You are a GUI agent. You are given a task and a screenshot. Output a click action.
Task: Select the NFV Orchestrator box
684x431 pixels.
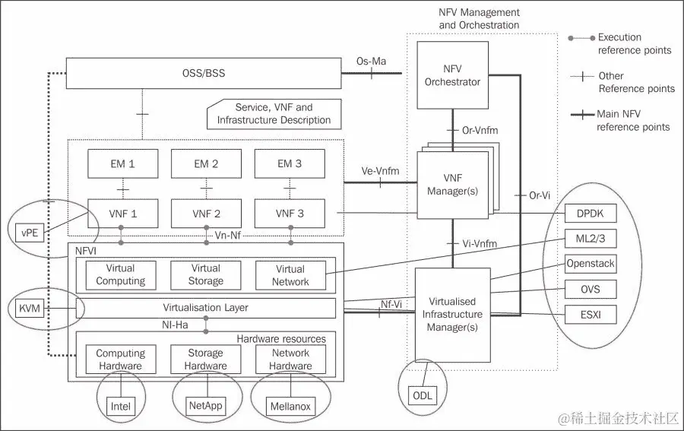(452, 74)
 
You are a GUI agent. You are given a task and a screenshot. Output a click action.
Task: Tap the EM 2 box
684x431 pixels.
(206, 163)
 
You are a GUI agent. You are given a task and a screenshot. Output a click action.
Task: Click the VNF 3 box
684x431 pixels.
(290, 214)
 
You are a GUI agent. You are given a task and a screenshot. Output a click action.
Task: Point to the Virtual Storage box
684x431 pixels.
(205, 274)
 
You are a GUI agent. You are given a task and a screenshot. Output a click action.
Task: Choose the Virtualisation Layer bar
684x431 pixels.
(205, 308)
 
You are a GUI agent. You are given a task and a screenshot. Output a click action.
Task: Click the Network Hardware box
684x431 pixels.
(290, 359)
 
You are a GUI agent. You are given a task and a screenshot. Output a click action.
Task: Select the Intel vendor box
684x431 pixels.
(120, 406)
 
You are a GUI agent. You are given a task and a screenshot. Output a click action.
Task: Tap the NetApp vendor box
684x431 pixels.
(205, 405)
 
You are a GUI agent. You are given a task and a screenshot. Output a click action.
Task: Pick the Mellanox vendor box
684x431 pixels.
(290, 406)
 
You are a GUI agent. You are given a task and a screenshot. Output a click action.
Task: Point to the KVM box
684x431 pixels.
(30, 309)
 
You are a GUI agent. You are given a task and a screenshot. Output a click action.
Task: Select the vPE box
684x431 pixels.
(30, 230)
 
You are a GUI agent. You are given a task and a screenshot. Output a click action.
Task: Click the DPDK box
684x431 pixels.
(591, 214)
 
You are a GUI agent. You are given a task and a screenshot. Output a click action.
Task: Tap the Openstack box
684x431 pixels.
(591, 264)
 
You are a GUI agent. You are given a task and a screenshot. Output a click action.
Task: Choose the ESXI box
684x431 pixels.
(591, 313)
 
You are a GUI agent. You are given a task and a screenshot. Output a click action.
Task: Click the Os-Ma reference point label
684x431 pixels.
(371, 62)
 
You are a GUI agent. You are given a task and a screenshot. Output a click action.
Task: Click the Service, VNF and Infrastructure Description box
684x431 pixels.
(274, 114)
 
